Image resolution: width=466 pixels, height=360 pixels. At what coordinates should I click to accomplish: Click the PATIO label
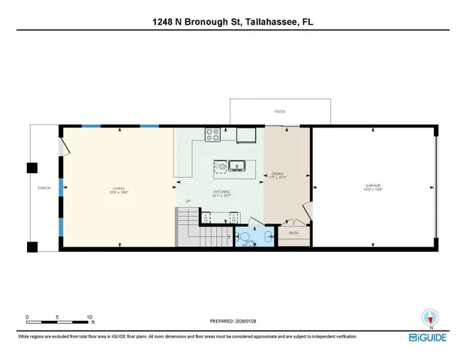279,111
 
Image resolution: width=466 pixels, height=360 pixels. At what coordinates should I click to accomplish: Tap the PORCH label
44,187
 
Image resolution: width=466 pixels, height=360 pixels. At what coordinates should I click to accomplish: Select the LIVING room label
119,188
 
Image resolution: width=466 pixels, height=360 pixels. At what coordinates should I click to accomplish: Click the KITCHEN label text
221,192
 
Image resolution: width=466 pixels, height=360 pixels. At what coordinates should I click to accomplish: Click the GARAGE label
373,185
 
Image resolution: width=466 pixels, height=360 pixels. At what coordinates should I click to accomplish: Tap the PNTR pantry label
293,233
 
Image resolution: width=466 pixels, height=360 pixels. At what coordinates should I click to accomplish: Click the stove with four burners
212,135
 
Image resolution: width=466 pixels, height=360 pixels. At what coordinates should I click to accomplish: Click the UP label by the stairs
189,201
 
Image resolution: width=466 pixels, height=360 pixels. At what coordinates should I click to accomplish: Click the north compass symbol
431,317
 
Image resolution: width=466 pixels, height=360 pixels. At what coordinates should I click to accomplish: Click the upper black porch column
32,168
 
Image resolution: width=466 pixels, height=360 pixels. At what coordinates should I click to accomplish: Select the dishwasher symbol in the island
221,166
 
